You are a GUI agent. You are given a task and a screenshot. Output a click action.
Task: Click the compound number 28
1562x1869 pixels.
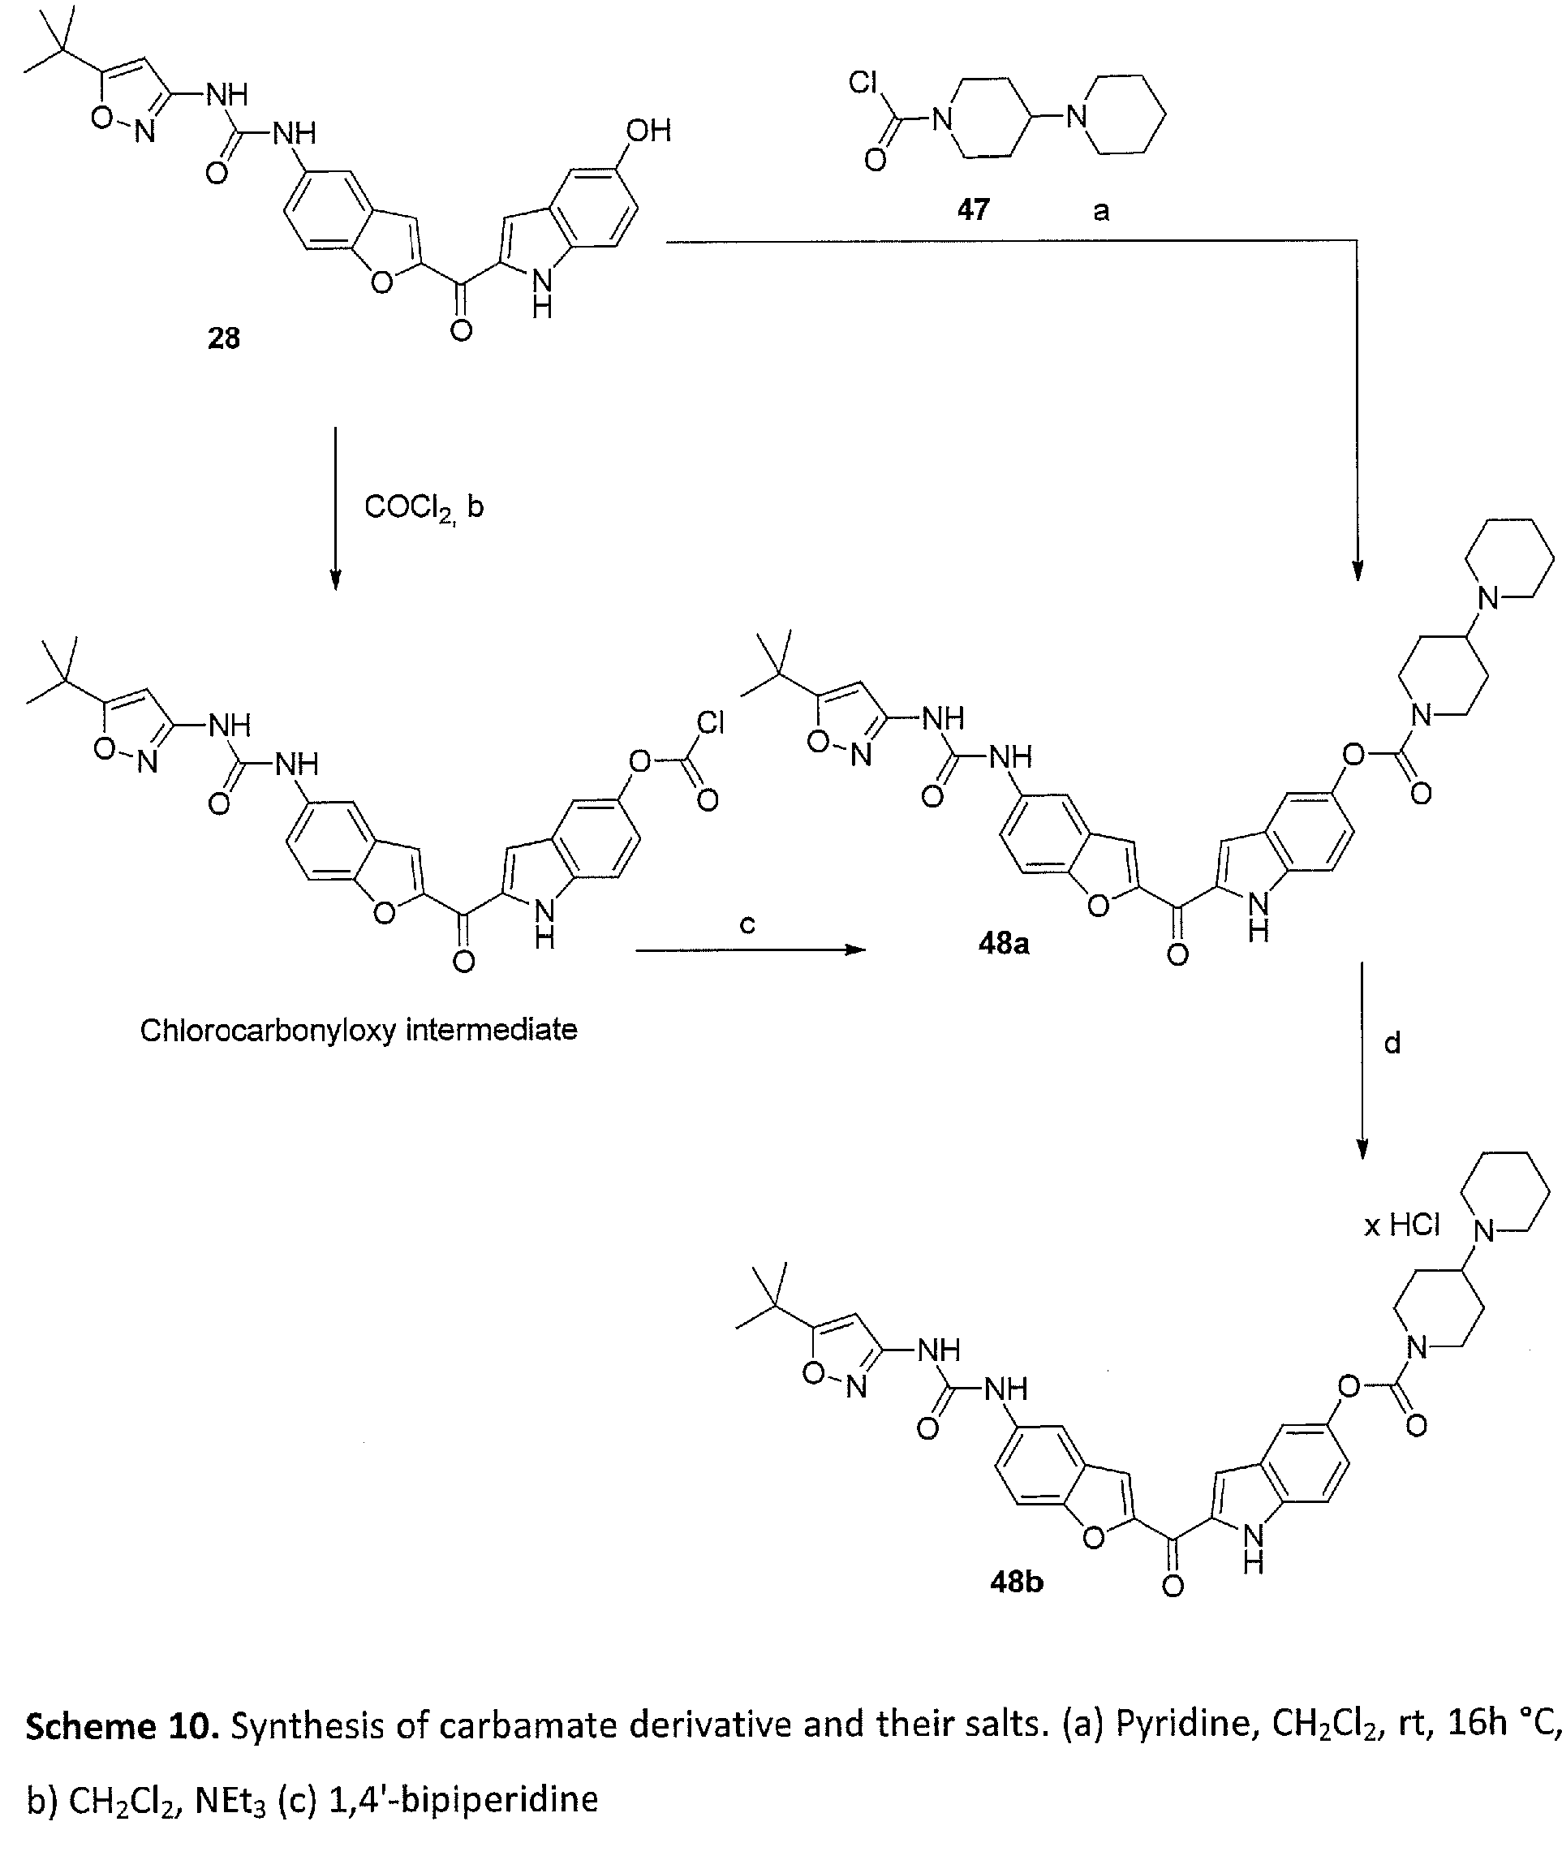coord(223,339)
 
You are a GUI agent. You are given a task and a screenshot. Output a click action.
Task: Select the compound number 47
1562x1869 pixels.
coord(973,210)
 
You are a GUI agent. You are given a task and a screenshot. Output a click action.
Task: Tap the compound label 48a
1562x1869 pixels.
coord(1003,943)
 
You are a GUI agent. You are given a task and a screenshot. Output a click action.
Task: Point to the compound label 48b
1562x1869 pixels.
coord(1017,1582)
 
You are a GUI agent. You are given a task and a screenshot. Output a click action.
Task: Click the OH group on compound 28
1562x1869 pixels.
coord(648,131)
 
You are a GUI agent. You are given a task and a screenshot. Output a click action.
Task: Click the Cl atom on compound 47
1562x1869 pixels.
coord(863,83)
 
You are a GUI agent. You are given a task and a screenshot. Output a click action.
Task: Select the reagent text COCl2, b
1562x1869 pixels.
coord(424,508)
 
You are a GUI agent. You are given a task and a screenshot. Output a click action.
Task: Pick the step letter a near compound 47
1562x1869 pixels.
coord(1101,211)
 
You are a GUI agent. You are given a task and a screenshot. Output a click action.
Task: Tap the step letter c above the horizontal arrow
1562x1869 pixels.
coord(747,926)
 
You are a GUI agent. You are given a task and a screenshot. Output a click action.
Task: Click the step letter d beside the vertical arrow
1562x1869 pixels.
coord(1393,1042)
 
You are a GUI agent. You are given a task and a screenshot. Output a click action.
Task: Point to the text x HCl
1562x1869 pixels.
coord(1402,1225)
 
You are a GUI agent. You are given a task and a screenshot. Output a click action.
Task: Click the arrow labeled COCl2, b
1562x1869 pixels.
coord(336,508)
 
